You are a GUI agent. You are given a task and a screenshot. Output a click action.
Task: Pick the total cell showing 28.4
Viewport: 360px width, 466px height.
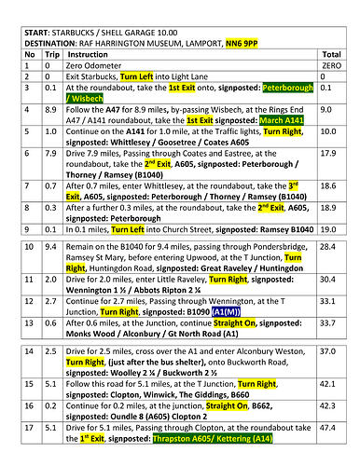click(x=327, y=246)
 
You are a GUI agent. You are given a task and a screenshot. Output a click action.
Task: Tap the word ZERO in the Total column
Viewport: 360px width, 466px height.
click(x=330, y=68)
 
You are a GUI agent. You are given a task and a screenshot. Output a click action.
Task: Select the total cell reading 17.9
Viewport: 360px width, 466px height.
click(x=327, y=152)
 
